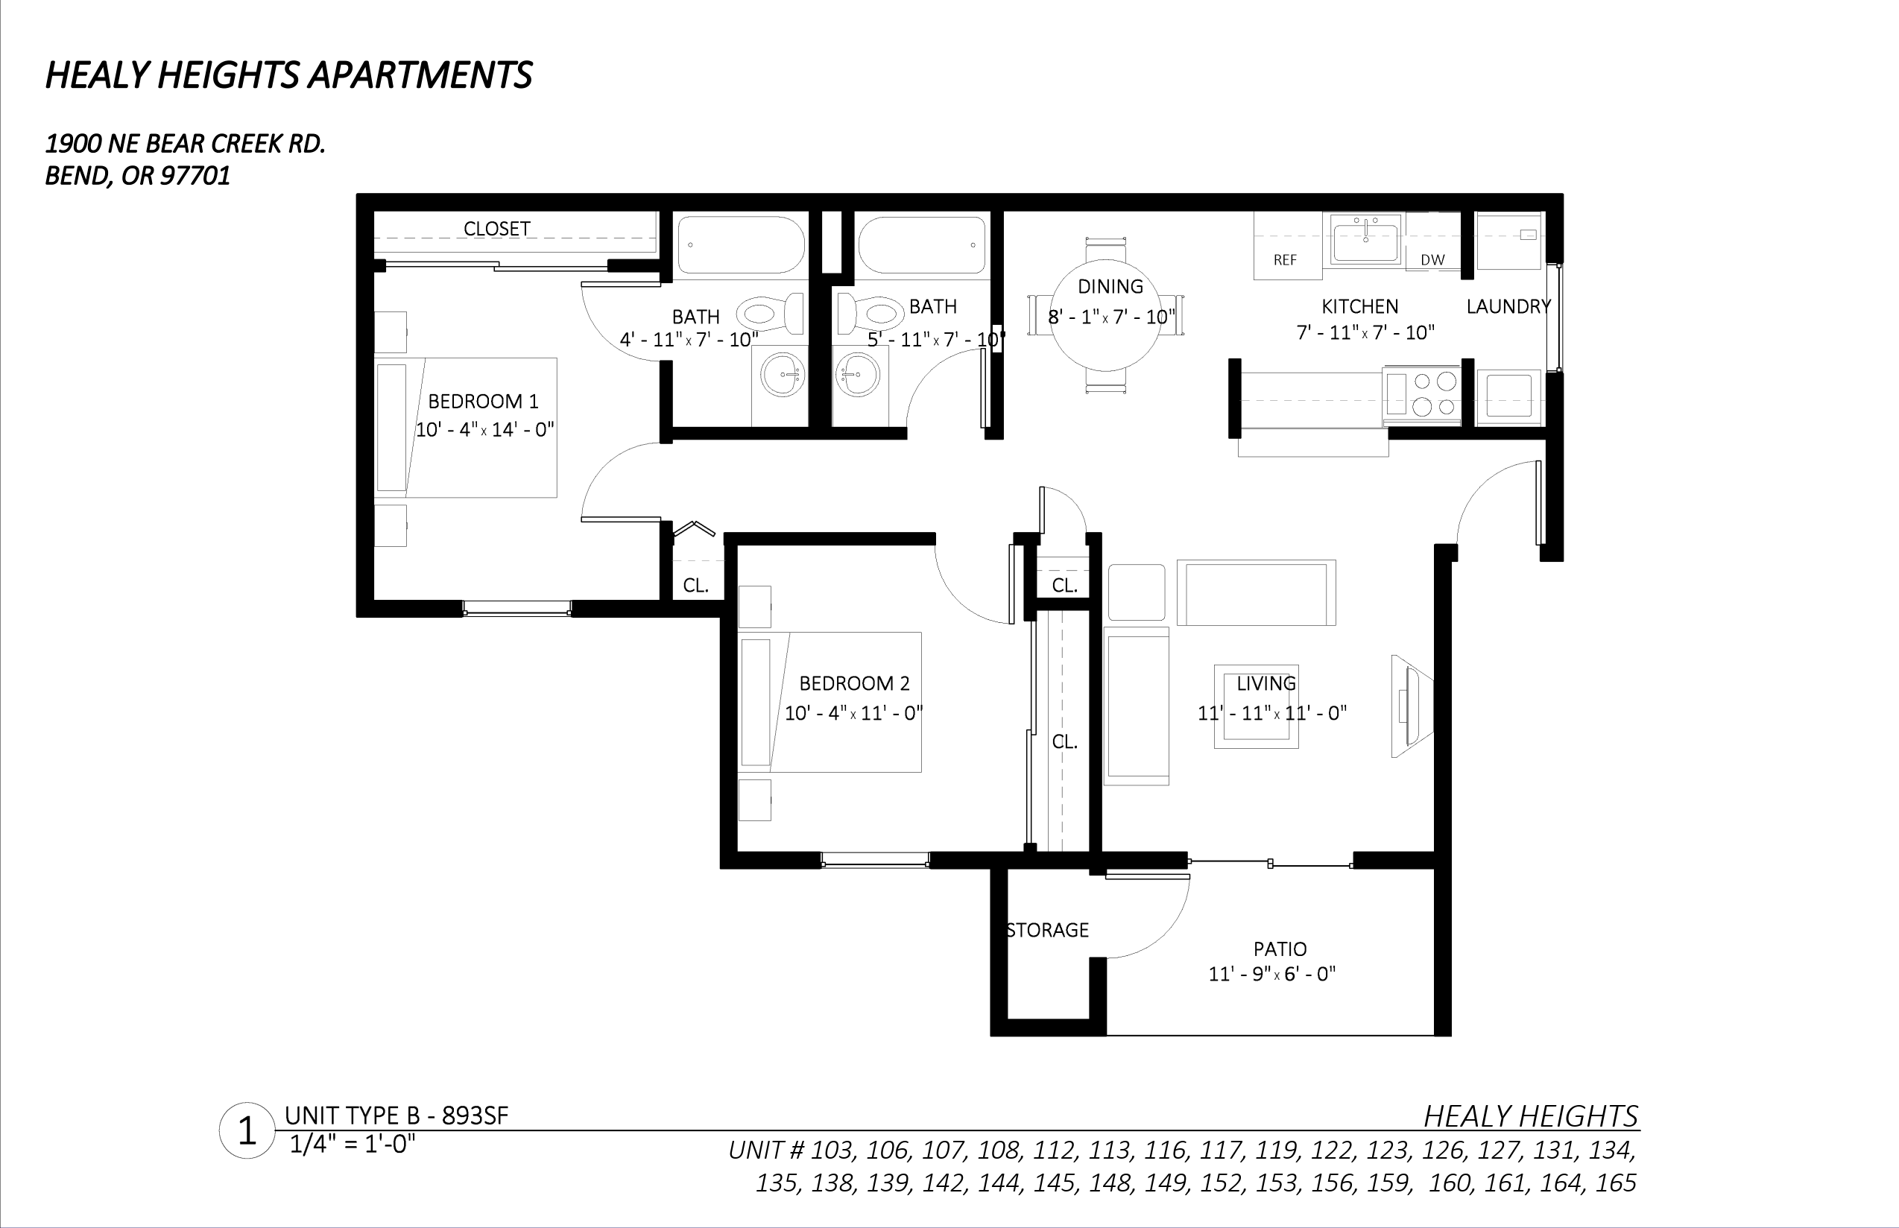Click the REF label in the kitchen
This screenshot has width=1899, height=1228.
(1285, 260)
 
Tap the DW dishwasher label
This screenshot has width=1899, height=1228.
(1432, 260)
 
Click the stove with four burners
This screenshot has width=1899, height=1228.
(1421, 395)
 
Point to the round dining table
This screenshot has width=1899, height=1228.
(1105, 315)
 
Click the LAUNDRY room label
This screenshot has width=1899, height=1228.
(1508, 306)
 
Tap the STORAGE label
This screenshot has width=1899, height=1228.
(1047, 930)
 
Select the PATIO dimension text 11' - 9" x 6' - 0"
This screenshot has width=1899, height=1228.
(1271, 974)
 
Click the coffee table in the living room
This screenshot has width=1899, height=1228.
(1256, 706)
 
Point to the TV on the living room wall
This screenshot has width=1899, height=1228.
(1411, 706)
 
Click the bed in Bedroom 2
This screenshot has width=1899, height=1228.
(831, 702)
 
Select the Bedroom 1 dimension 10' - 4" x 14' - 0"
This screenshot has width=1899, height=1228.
(485, 430)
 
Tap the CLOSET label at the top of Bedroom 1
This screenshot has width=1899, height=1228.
(497, 229)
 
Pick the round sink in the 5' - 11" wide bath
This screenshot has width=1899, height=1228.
(857, 373)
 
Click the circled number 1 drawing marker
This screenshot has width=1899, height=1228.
(247, 1130)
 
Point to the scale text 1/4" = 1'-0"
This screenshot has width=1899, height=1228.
(353, 1145)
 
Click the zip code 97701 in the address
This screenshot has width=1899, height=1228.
(195, 175)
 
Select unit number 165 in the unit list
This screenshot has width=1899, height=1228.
(1616, 1183)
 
